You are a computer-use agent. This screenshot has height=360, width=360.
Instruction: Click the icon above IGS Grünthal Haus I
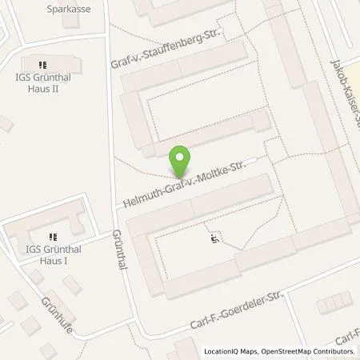pos(53,237)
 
